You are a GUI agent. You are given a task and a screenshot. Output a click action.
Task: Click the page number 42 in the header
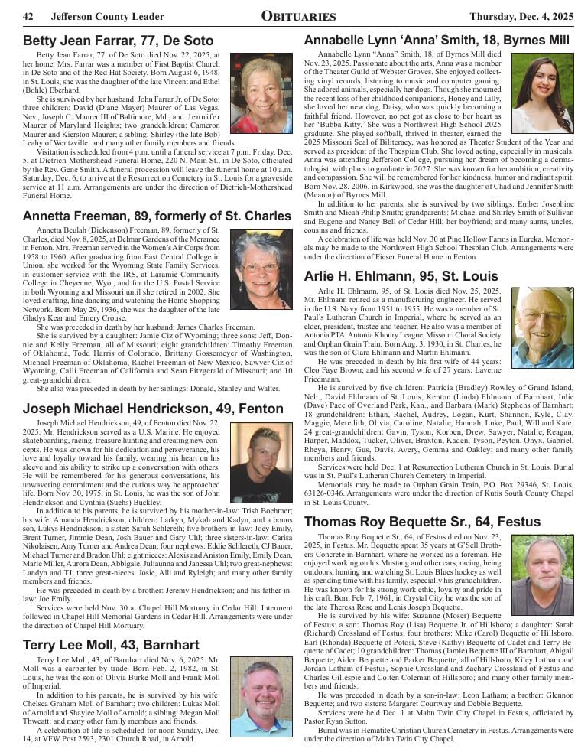point(28,17)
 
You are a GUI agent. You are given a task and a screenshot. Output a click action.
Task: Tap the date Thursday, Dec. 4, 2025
point(520,17)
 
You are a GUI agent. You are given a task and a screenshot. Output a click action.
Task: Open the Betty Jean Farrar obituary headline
point(118,41)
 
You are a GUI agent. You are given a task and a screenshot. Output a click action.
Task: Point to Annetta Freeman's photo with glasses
point(261,269)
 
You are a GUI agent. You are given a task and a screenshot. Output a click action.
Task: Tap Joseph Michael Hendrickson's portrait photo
point(261,462)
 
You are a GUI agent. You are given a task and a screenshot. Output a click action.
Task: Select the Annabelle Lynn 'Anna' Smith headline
point(437,40)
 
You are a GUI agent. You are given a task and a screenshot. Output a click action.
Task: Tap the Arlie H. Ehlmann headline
point(401,276)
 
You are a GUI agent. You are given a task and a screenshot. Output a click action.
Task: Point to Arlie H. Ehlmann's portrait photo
point(542,327)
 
